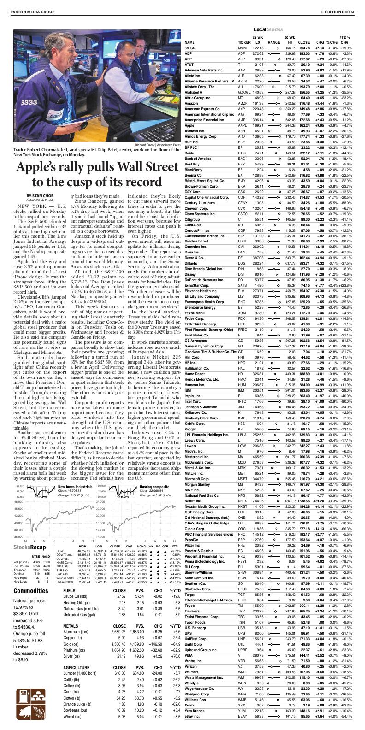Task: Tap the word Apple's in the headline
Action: (45, 167)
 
